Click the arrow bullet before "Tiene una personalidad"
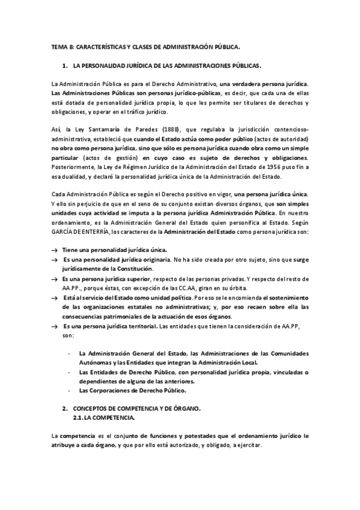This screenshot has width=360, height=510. coord(54,250)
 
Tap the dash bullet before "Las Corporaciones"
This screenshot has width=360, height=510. coord(70,390)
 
